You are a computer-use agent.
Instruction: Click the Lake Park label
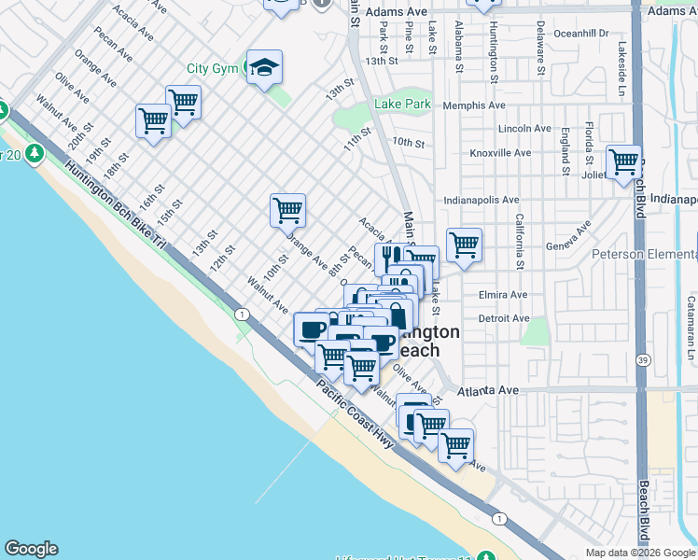coord(403,105)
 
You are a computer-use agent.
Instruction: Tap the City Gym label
coord(212,68)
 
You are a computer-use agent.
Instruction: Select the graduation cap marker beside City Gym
coord(265,68)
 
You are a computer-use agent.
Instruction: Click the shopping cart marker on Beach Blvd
coord(623,162)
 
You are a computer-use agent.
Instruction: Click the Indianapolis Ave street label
coord(482,200)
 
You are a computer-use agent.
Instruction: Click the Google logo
coord(31,549)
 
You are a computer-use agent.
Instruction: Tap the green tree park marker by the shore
coord(35,152)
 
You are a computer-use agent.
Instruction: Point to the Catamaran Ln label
coord(691,328)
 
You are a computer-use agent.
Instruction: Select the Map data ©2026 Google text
coord(640,553)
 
